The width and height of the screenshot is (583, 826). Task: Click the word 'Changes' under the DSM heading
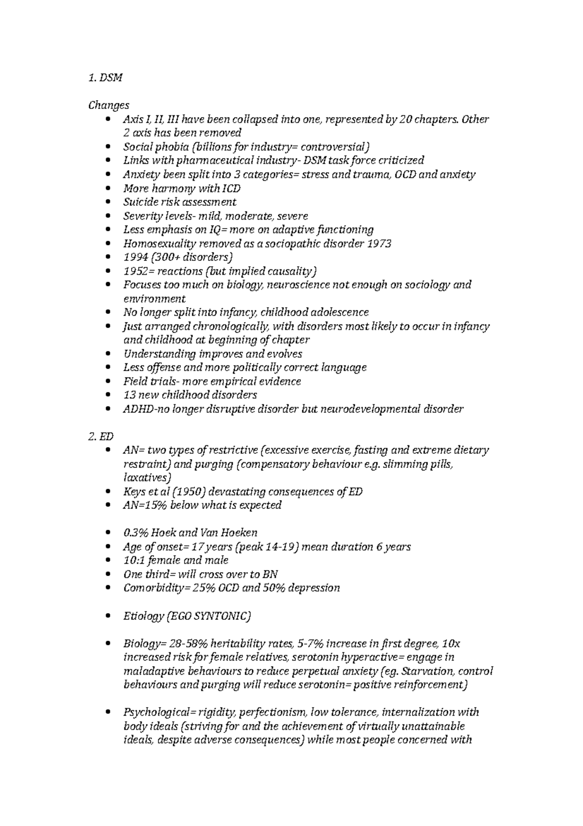[x=109, y=105]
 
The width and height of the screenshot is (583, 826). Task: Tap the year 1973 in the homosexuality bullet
[x=379, y=244]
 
